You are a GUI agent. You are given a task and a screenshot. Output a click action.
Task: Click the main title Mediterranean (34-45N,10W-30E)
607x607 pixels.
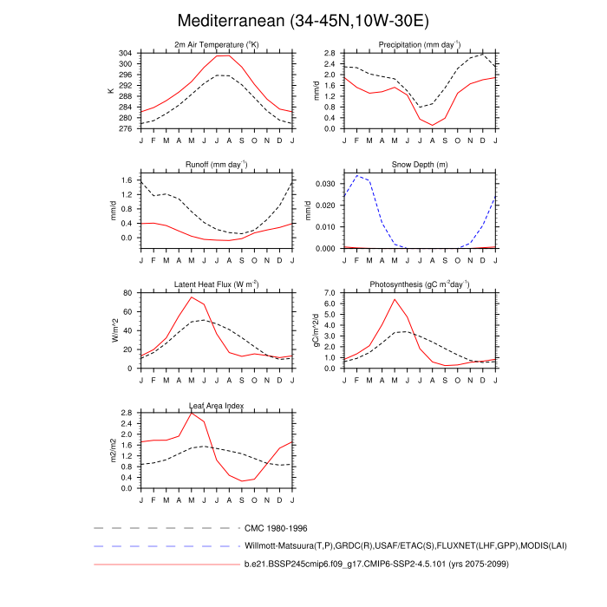(303, 20)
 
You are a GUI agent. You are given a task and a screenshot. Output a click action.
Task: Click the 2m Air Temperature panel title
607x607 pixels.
(217, 45)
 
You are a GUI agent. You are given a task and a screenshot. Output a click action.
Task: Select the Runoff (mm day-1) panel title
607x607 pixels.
(217, 165)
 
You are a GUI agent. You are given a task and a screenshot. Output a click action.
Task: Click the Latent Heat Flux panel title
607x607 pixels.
(217, 284)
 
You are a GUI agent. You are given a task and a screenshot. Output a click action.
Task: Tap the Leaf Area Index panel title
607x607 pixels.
(217, 405)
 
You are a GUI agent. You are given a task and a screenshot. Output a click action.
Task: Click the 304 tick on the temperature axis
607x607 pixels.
(126, 54)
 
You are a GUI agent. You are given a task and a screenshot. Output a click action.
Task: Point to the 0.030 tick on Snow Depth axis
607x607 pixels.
(326, 184)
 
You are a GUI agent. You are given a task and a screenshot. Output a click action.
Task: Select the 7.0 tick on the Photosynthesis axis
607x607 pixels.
(330, 293)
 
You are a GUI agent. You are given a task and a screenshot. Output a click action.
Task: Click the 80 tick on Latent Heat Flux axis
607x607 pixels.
(128, 293)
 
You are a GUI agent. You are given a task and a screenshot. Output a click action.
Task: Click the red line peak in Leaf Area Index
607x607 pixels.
(192, 412)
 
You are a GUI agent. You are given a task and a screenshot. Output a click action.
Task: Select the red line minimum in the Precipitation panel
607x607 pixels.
(433, 126)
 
